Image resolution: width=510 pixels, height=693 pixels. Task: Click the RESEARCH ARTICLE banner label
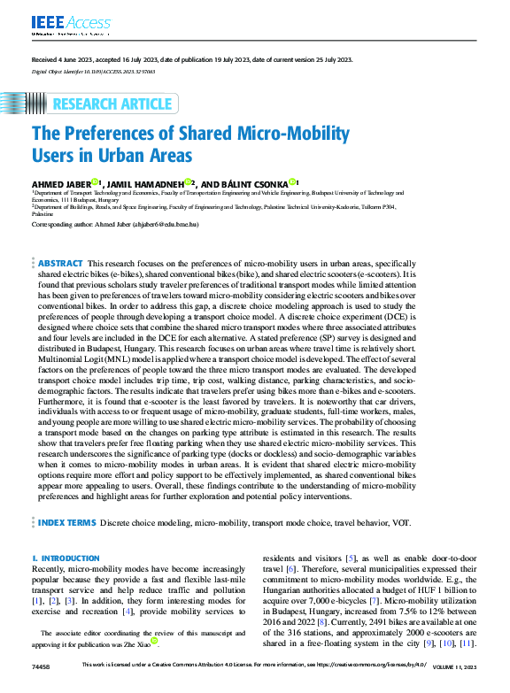(112, 104)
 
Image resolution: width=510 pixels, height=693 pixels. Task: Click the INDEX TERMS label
(66, 523)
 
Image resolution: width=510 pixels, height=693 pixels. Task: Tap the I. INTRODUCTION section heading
(66, 558)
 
